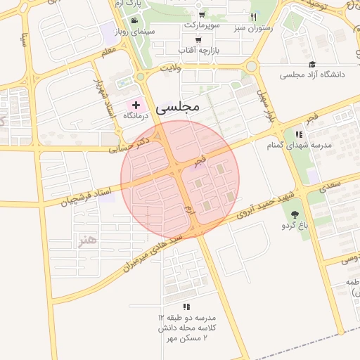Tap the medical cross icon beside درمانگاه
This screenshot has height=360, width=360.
tap(136, 104)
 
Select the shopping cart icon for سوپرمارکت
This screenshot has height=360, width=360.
tap(202, 15)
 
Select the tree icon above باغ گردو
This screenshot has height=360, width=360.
tap(294, 214)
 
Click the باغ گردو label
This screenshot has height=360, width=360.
tap(295, 226)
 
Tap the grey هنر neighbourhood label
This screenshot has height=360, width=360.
tap(86, 241)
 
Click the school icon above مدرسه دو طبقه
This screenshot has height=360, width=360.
tap(186, 307)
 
